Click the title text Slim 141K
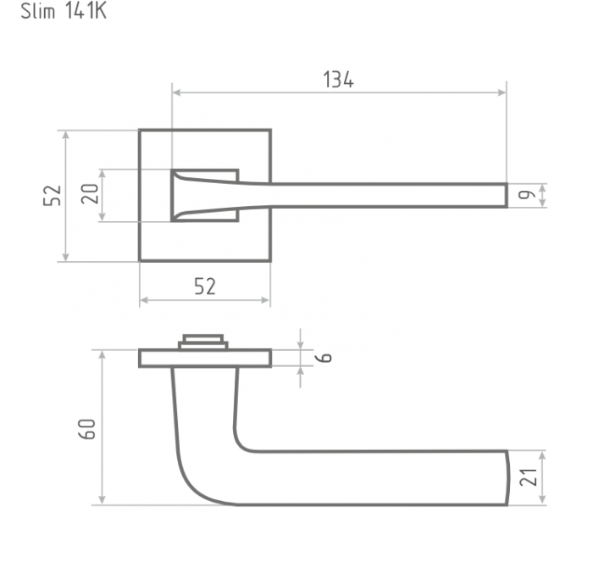tap(64, 11)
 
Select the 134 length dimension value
tap(339, 80)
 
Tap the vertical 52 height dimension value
tap(53, 195)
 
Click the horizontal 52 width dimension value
tap(205, 286)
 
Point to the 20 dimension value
tap(90, 194)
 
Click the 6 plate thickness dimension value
tap(324, 358)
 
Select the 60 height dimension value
tap(87, 429)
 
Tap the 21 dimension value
tap(529, 477)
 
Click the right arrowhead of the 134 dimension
tap(502, 92)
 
